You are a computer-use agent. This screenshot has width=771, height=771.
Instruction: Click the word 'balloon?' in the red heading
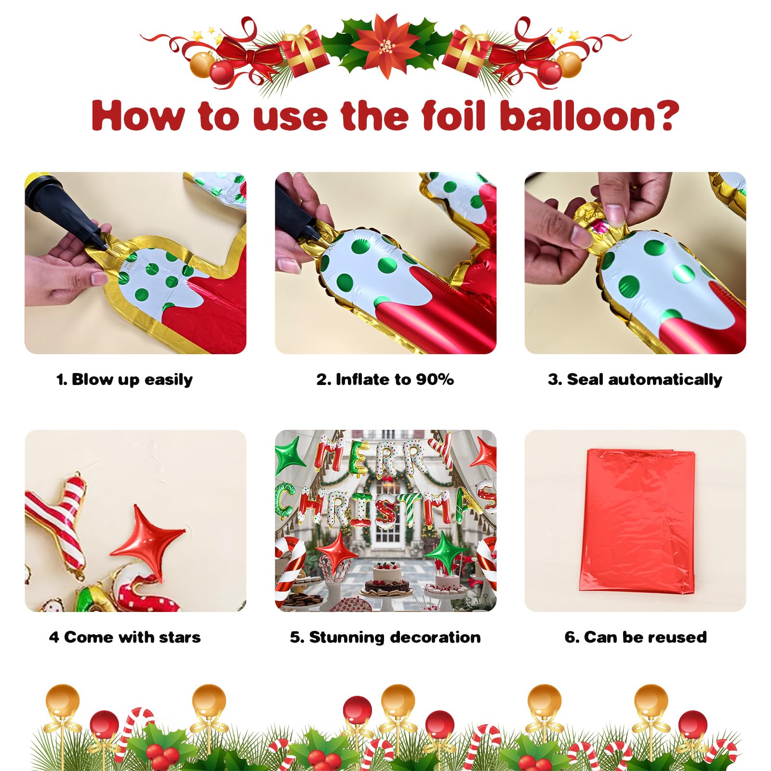(x=589, y=116)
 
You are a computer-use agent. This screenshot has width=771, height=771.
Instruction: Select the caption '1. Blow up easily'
(x=124, y=380)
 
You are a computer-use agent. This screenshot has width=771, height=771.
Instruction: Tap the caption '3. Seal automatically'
(x=635, y=380)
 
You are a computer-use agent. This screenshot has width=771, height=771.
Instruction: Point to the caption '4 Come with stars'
(x=125, y=637)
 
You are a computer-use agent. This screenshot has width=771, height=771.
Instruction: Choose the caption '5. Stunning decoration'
(x=385, y=638)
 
